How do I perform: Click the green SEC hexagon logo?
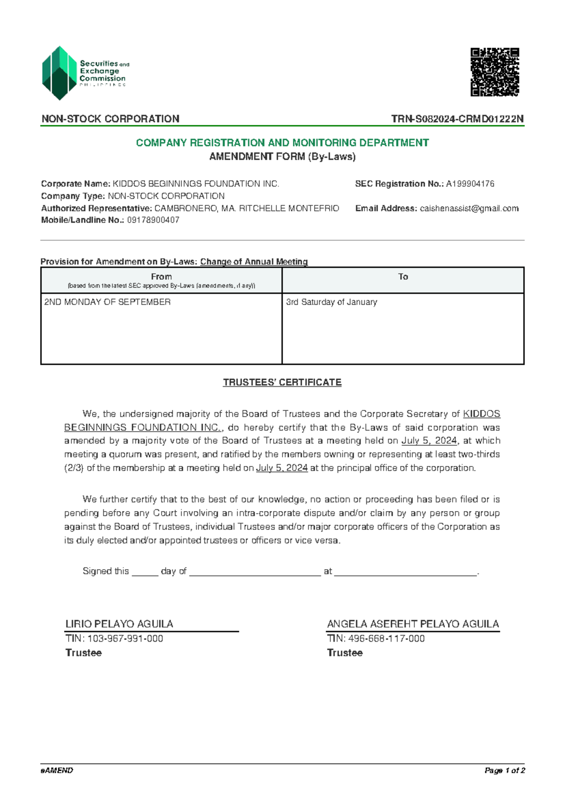[x=59, y=73]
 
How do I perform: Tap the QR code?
[x=494, y=72]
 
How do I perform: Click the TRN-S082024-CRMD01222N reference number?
[x=457, y=119]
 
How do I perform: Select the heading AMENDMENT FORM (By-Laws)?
[x=282, y=156]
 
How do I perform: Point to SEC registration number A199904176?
[x=470, y=184]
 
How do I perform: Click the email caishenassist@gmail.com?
[x=469, y=208]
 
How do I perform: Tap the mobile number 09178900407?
[x=153, y=220]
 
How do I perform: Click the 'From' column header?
[x=161, y=277]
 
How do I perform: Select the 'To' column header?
[x=403, y=277]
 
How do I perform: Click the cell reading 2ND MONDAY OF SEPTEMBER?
[x=107, y=302]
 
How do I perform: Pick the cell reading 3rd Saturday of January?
[x=331, y=302]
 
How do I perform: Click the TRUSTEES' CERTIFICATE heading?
[x=282, y=383]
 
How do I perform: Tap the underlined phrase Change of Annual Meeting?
[x=254, y=261]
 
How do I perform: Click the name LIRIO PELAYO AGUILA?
[x=119, y=624]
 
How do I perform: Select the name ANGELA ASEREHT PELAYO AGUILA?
[x=413, y=624]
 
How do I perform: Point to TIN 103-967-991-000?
[x=125, y=638]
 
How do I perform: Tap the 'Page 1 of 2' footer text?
[x=504, y=771]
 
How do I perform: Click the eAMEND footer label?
[x=57, y=771]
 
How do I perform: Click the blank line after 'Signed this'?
[x=145, y=572]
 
